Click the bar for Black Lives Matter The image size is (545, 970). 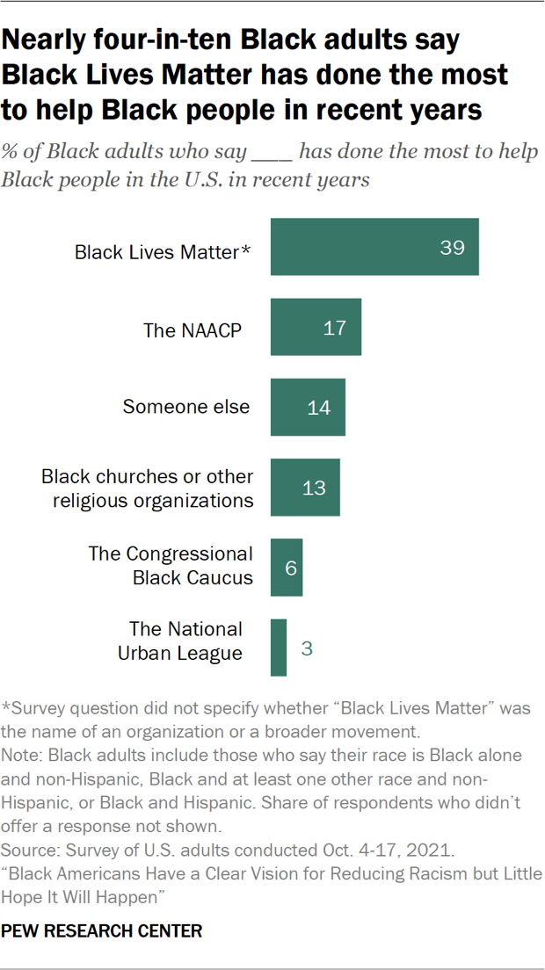[374, 247]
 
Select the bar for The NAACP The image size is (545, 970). [316, 328]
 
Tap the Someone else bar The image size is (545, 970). [308, 408]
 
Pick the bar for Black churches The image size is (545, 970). [305, 488]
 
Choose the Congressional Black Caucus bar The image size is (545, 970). [287, 568]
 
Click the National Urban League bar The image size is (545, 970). [279, 648]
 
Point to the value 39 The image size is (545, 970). [452, 248]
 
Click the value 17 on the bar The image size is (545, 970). [335, 329]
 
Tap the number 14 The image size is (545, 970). [319, 409]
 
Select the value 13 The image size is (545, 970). [314, 489]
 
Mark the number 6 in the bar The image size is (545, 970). [291, 568]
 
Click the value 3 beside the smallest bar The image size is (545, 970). [307, 648]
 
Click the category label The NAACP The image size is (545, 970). [193, 329]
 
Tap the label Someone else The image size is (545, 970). [186, 407]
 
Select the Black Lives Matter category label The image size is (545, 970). [156, 252]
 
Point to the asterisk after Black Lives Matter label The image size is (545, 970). [247, 250]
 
